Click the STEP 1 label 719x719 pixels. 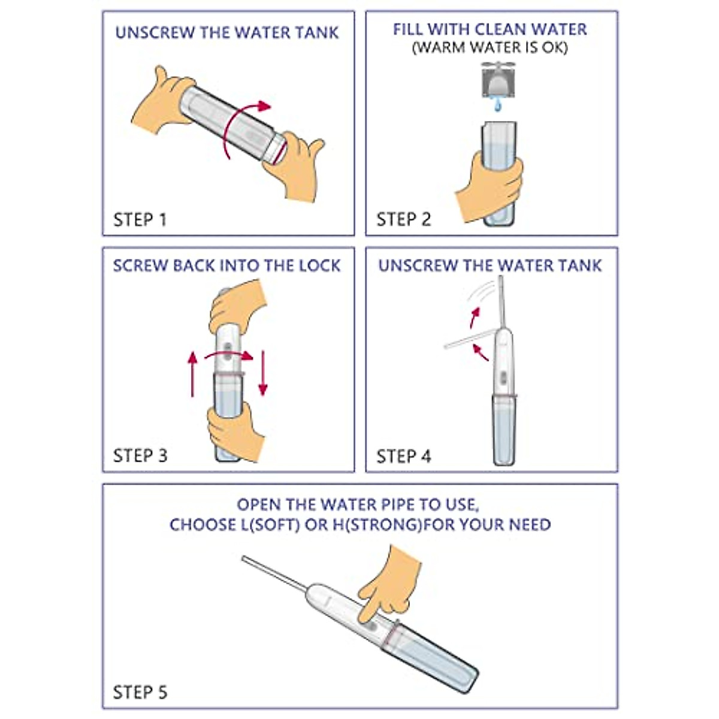pyautogui.click(x=140, y=220)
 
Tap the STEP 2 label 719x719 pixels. pyautogui.click(x=403, y=220)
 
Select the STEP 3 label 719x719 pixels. pyautogui.click(x=140, y=456)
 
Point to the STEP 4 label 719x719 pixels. pyautogui.click(x=403, y=457)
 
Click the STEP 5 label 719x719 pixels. pyautogui.click(x=140, y=693)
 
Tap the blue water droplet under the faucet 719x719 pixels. pyautogui.click(x=497, y=105)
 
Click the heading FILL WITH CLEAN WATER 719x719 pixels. pyautogui.click(x=490, y=29)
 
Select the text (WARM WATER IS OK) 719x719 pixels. pyautogui.click(x=490, y=48)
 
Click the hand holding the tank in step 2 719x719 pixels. pyautogui.click(x=490, y=186)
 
